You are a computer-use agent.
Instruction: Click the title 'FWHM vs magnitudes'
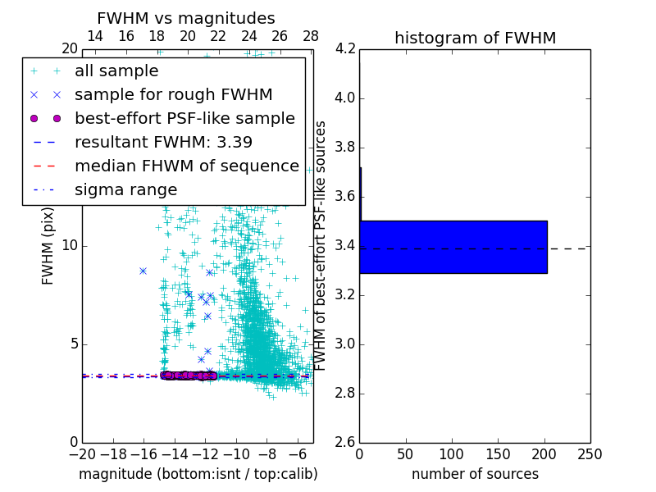[x=186, y=19]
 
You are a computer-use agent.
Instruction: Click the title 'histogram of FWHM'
[x=475, y=38]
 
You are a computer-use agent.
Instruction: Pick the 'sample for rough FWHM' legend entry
[x=173, y=95]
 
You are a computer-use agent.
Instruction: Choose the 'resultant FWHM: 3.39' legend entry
[x=163, y=143]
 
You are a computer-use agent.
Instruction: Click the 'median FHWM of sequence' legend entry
[x=187, y=166]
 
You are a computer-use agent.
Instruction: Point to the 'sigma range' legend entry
[x=125, y=190]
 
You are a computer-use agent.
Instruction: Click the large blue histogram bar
[x=453, y=247]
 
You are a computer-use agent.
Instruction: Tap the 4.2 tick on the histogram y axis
[x=345, y=49]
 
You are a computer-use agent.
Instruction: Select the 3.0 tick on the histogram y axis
[x=345, y=344]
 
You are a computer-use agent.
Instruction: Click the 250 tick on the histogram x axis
[x=590, y=454]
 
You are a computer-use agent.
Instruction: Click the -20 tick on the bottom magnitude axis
[x=82, y=454]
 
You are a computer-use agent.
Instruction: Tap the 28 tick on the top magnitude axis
[x=311, y=36]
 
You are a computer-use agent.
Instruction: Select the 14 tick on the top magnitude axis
[x=95, y=36]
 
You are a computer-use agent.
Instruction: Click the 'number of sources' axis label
[x=475, y=474]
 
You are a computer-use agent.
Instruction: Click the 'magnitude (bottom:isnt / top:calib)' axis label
[x=198, y=474]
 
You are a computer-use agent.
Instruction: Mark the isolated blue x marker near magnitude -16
[x=143, y=271]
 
